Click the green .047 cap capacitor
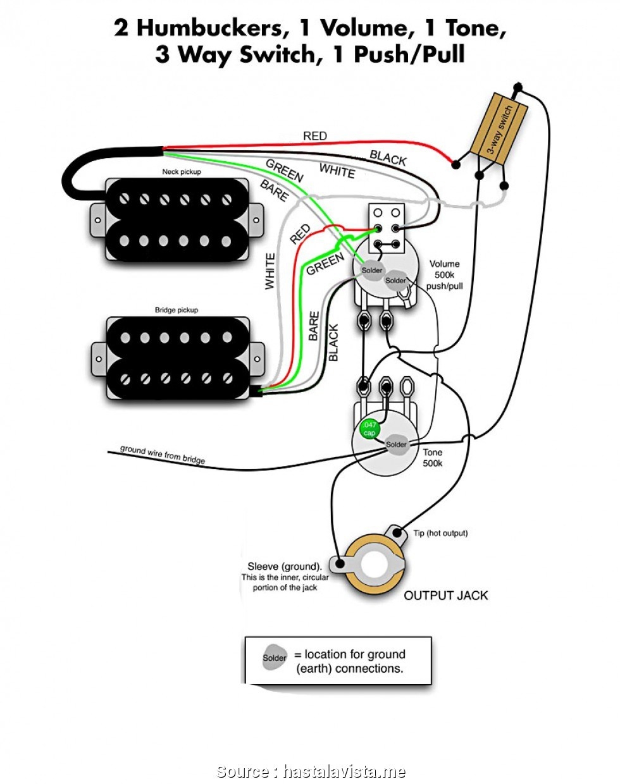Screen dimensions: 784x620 (x=369, y=429)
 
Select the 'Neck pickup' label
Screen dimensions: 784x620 (x=182, y=172)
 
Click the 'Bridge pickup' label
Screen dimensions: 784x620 (x=177, y=310)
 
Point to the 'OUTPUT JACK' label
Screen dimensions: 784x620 (x=445, y=596)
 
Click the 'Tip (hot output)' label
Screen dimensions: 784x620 (x=440, y=533)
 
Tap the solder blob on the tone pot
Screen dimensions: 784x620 (x=397, y=444)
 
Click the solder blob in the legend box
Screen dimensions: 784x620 (x=275, y=658)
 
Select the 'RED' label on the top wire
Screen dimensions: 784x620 (x=315, y=136)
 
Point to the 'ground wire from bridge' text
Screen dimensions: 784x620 (x=163, y=454)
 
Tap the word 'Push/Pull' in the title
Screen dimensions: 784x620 (x=409, y=55)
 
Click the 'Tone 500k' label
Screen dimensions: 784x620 (x=433, y=458)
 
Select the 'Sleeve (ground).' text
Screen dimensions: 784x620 (x=285, y=567)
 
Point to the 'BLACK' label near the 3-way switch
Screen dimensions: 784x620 (x=388, y=157)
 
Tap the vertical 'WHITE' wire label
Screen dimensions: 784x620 (x=270, y=271)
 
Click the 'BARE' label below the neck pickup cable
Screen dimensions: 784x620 (x=275, y=190)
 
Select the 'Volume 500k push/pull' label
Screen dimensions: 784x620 (x=445, y=275)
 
